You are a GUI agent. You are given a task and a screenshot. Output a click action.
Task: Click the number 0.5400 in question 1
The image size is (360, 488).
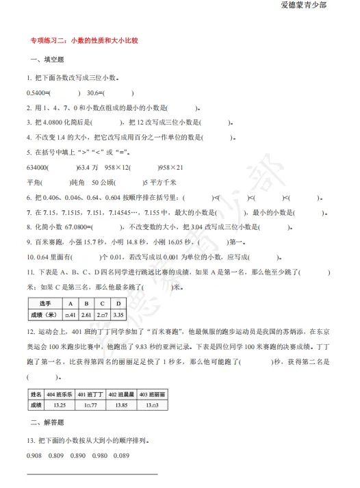pyautogui.click(x=37, y=93)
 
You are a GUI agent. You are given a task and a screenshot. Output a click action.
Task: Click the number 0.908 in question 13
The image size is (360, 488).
pyautogui.click(x=35, y=457)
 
